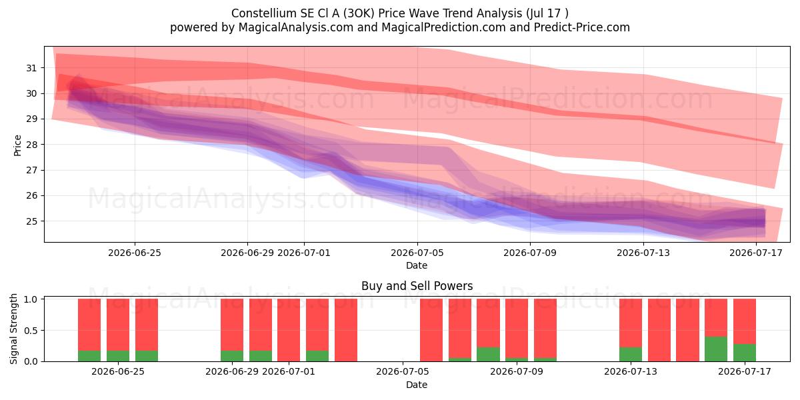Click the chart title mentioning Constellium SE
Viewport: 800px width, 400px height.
tap(399, 13)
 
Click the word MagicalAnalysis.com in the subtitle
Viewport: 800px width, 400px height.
tap(296, 27)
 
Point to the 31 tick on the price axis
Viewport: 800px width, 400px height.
tap(31, 68)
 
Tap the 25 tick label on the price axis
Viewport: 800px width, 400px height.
tap(31, 221)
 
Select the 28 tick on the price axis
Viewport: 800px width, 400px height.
tap(31, 145)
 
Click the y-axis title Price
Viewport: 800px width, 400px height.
tap(17, 145)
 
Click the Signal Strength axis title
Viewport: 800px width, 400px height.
tap(13, 329)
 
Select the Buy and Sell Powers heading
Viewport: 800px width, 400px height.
tap(417, 286)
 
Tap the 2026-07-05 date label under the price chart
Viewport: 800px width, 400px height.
tap(417, 253)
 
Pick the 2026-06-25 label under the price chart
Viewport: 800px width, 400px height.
tap(135, 253)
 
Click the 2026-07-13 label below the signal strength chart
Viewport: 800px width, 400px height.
tap(631, 372)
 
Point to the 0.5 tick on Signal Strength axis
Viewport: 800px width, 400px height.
tap(31, 331)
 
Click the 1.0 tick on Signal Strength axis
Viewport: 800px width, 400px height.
tap(31, 299)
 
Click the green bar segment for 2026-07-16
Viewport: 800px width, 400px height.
tap(716, 349)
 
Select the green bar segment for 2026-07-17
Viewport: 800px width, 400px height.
tap(744, 353)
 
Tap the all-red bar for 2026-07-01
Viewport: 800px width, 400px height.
tap(289, 330)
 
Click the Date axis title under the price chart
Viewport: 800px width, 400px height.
tap(417, 265)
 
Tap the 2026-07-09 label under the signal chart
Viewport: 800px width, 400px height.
tap(517, 372)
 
